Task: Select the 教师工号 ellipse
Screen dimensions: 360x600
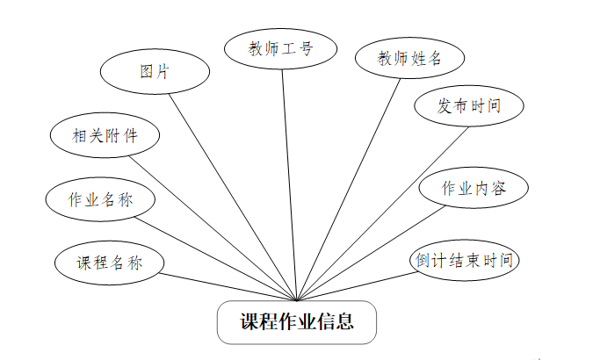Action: click(x=280, y=48)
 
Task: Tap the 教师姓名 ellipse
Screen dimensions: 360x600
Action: click(x=409, y=59)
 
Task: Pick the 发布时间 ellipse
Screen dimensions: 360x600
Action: click(x=469, y=106)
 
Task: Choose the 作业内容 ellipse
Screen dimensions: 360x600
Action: click(x=473, y=188)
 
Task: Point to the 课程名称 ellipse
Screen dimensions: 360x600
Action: click(x=110, y=262)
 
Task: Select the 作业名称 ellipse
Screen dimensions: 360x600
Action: click(x=101, y=198)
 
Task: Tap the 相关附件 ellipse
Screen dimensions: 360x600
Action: click(x=105, y=135)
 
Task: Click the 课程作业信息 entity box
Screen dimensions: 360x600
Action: click(x=297, y=322)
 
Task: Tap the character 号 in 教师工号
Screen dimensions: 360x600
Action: click(x=306, y=48)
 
